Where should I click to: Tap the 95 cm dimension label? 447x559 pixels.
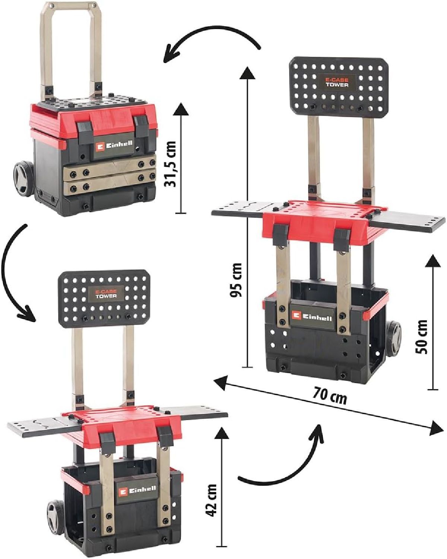click(x=236, y=280)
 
